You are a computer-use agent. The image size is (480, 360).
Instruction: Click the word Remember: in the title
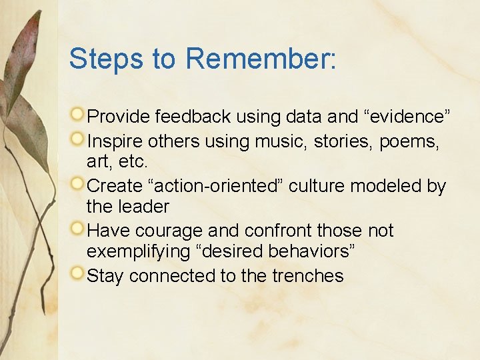pyautogui.click(x=261, y=59)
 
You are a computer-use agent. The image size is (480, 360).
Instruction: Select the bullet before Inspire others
pyautogui.click(x=79, y=139)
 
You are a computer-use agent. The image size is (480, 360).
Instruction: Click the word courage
pyautogui.click(x=169, y=231)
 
